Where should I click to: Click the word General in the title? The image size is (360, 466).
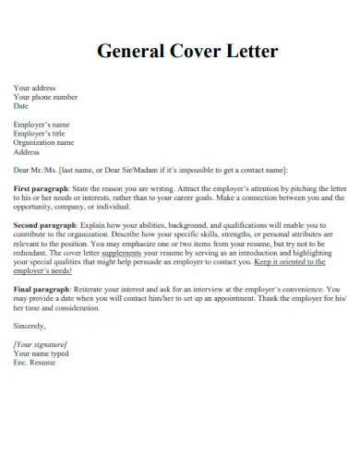pyautogui.click(x=132, y=52)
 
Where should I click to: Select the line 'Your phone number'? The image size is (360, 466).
pyautogui.click(x=45, y=97)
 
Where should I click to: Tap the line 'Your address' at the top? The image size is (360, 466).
pyautogui.click(x=35, y=89)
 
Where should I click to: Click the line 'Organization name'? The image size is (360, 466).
pyautogui.click(x=43, y=142)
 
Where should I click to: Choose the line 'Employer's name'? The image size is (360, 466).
pyautogui.click(x=42, y=124)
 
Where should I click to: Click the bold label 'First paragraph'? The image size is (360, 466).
pyautogui.click(x=41, y=187)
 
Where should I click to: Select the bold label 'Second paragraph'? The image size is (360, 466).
pyautogui.click(x=45, y=224)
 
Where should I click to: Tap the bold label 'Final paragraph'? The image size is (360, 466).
pyautogui.click(x=42, y=288)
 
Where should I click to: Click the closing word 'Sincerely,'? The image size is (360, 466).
pyautogui.click(x=30, y=325)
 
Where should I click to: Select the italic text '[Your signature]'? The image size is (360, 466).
pyautogui.click(x=40, y=344)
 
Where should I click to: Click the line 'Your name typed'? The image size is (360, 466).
pyautogui.click(x=41, y=352)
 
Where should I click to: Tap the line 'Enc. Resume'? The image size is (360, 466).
pyautogui.click(x=34, y=362)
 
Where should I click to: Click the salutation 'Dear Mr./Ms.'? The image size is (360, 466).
pyautogui.click(x=34, y=170)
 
